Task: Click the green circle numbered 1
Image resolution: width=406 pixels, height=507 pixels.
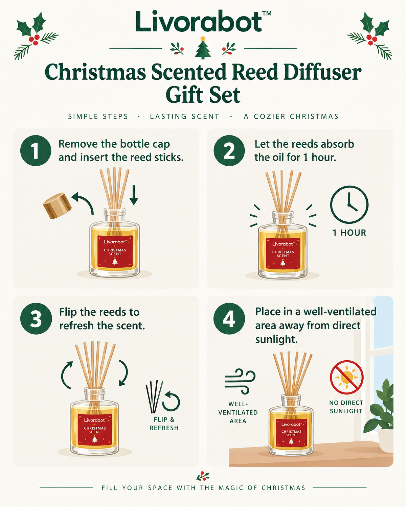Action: pos(36,150)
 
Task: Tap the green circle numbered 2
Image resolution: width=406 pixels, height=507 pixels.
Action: pos(229,150)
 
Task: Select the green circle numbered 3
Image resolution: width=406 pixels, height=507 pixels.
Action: pos(36,318)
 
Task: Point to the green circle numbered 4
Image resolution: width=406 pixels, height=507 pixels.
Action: pos(229,318)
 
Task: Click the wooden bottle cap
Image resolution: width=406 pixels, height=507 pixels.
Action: pos(57,206)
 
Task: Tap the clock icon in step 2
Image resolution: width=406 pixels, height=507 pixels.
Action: pos(349,204)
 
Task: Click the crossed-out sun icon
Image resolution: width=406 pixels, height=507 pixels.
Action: pos(346,377)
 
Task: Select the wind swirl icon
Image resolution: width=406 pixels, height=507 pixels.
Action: pos(240,381)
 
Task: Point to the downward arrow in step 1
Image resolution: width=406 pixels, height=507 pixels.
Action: pos(134,195)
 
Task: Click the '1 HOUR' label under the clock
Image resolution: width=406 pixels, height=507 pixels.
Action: pos(349,233)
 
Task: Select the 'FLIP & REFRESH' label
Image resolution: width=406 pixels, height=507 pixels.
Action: pos(164,424)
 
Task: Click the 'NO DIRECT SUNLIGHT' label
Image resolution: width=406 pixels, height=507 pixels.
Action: pos(346,407)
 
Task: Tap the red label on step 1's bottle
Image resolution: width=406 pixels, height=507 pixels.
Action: pos(115,251)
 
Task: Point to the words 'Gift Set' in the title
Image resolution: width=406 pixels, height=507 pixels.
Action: pos(203,95)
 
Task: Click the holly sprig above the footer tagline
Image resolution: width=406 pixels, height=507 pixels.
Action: pos(203,476)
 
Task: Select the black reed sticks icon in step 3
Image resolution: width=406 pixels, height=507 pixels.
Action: pos(154,397)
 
